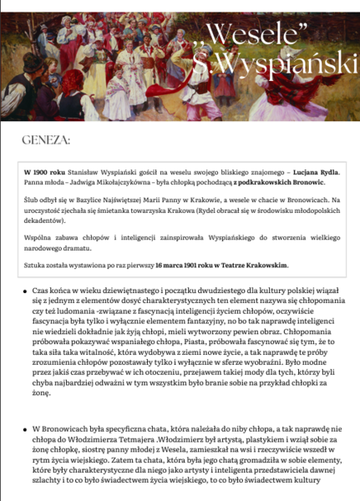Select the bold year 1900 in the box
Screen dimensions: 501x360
pyautogui.click(x=48, y=170)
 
